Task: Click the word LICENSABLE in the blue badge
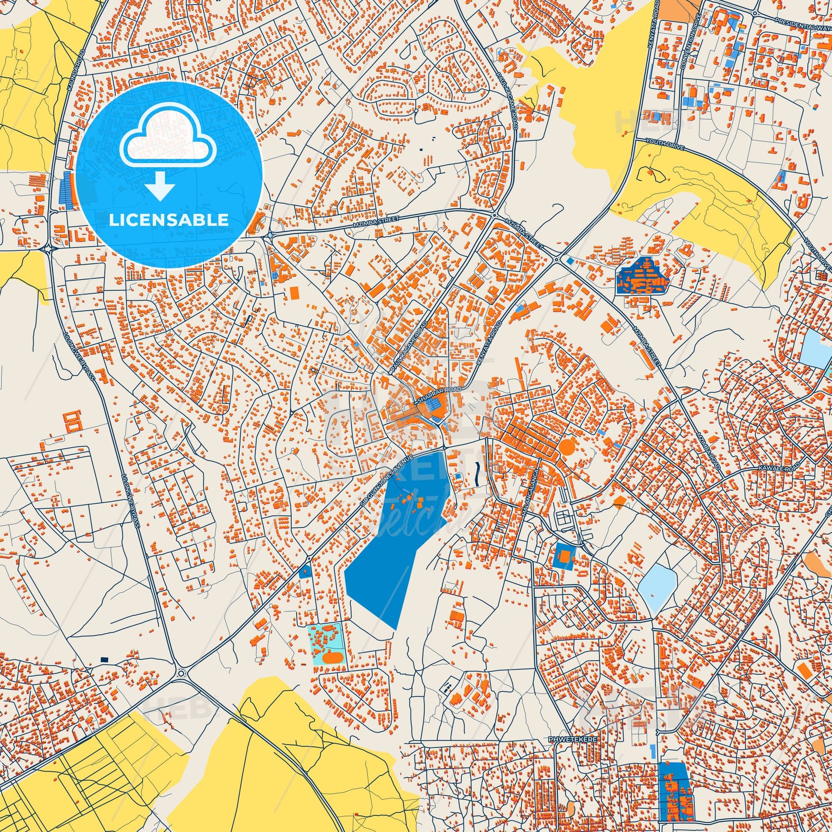[169, 220]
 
